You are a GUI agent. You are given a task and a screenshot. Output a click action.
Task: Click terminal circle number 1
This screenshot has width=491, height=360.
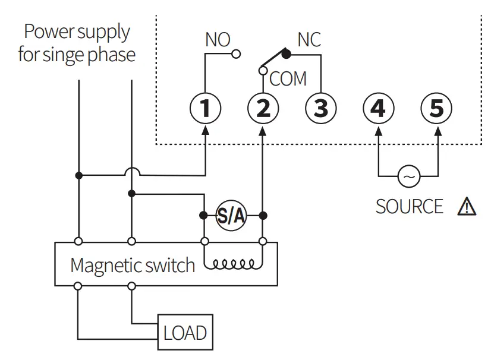pyautogui.click(x=205, y=109)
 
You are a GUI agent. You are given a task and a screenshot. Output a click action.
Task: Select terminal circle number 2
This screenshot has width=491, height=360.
pyautogui.click(x=263, y=109)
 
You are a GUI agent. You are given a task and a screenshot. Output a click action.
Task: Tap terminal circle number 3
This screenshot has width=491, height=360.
pyautogui.click(x=320, y=109)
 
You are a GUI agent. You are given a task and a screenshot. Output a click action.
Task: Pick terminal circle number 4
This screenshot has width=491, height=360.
pyautogui.click(x=379, y=109)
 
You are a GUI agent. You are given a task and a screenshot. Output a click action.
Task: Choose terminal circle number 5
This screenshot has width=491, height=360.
pyautogui.click(x=436, y=109)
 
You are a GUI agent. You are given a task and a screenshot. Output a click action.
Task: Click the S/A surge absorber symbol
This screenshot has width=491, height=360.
pyautogui.click(x=231, y=216)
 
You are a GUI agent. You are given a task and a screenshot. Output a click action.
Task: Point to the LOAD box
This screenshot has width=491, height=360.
pyautogui.click(x=185, y=332)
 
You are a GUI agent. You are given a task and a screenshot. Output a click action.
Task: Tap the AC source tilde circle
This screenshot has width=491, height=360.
pyautogui.click(x=408, y=176)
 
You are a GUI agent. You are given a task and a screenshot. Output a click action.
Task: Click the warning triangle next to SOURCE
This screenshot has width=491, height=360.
pyautogui.click(x=467, y=206)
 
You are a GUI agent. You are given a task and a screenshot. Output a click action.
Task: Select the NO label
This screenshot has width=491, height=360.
pyautogui.click(x=217, y=40)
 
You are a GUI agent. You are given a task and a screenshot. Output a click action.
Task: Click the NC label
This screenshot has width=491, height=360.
pyautogui.click(x=309, y=40)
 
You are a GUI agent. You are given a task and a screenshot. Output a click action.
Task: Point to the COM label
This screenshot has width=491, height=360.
pyautogui.click(x=288, y=78)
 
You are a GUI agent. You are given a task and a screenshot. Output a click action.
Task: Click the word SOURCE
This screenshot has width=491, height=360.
pyautogui.click(x=410, y=206)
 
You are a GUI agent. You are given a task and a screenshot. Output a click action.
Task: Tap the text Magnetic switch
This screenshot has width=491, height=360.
pyautogui.click(x=132, y=265)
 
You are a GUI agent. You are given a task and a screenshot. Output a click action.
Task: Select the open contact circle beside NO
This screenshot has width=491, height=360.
pyautogui.click(x=237, y=54)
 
